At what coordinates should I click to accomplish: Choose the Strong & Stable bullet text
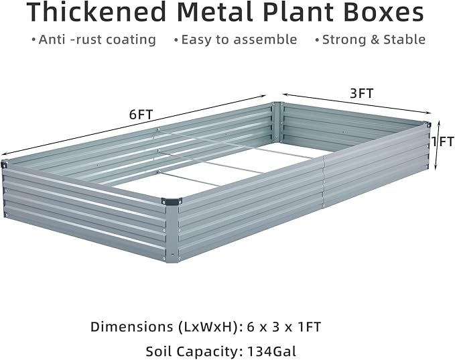click(374, 40)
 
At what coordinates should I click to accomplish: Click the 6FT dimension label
click(141, 114)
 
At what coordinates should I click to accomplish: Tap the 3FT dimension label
click(362, 93)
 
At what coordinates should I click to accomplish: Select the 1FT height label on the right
click(443, 141)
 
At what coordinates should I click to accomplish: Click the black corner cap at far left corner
click(4, 164)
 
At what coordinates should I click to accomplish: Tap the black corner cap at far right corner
click(426, 123)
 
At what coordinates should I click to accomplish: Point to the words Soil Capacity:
click(190, 351)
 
